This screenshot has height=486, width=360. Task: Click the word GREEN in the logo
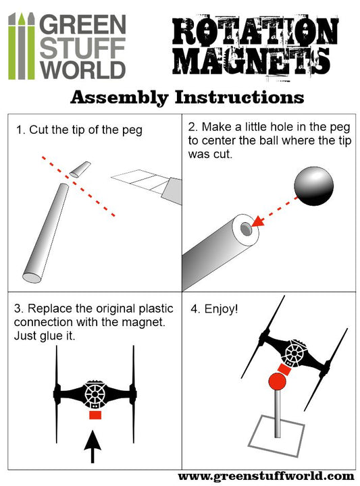pyautogui.click(x=83, y=25)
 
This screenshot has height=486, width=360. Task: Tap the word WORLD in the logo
pyautogui.click(x=82, y=70)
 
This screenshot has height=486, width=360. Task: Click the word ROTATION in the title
pyautogui.click(x=255, y=31)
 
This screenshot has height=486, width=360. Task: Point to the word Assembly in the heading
pyautogui.click(x=120, y=98)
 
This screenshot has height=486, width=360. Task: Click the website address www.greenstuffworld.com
pyautogui.click(x=266, y=477)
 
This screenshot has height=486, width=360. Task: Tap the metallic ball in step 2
pyautogui.click(x=314, y=186)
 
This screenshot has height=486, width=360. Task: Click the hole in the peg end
pyautogui.click(x=246, y=229)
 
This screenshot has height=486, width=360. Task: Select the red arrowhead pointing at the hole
pyautogui.click(x=258, y=221)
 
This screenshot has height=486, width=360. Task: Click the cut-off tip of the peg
pyautogui.click(x=80, y=169)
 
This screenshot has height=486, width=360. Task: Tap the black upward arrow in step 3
pyautogui.click(x=93, y=446)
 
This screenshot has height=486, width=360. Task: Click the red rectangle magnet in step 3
pyautogui.click(x=95, y=415)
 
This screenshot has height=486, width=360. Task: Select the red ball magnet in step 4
pyautogui.click(x=277, y=381)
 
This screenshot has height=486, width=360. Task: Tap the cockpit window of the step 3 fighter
pyautogui.click(x=95, y=394)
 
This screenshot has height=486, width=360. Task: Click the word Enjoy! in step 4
pyautogui.click(x=221, y=308)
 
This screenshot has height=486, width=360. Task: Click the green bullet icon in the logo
pyautogui.click(x=21, y=46)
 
